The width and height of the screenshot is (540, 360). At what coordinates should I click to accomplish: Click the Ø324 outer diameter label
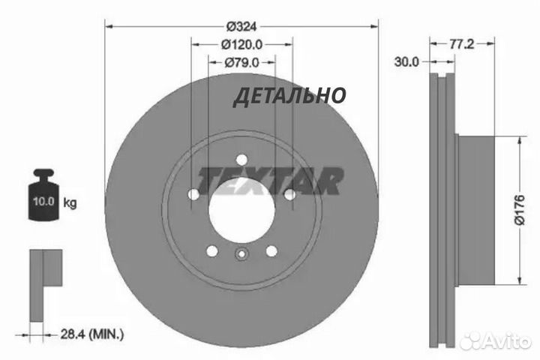pos(241,26)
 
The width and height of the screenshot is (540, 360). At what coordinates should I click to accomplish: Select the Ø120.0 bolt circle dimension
pos(241,44)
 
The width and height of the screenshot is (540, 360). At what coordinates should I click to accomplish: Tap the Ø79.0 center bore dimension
pos(241,63)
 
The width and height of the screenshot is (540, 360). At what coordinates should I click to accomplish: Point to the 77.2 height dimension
pos(462,43)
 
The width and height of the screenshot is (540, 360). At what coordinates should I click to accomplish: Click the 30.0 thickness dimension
pos(406,62)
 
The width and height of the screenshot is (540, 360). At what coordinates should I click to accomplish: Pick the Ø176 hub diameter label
pos(519,210)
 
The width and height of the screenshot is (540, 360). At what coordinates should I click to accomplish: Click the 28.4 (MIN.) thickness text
pos(92,334)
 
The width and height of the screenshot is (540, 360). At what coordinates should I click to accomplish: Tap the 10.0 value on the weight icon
pos(43,201)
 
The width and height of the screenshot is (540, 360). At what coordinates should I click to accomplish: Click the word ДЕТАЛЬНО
pos(289,96)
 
